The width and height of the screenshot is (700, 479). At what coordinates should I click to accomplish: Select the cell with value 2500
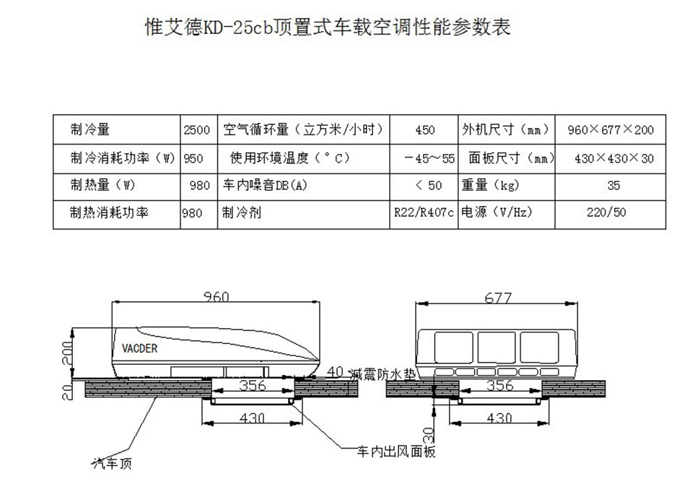click(196, 130)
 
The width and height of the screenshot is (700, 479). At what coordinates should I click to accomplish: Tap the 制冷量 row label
click(89, 130)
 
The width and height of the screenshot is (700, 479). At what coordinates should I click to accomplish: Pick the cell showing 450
click(425, 130)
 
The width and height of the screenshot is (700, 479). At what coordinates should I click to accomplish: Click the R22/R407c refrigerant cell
click(425, 214)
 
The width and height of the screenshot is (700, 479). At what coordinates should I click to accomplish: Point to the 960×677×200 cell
click(610, 130)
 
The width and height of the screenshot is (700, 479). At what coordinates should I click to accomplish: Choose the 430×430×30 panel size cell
click(613, 158)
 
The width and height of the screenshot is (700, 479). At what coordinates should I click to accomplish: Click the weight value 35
click(613, 186)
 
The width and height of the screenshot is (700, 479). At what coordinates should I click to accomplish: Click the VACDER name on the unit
click(135, 348)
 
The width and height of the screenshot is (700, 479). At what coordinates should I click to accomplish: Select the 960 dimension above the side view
click(215, 297)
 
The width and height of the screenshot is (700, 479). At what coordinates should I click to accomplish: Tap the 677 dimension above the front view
click(499, 298)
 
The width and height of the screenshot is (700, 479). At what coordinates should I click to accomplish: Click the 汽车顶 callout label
click(112, 462)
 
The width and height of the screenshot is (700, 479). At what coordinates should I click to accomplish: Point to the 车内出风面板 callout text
click(397, 452)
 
